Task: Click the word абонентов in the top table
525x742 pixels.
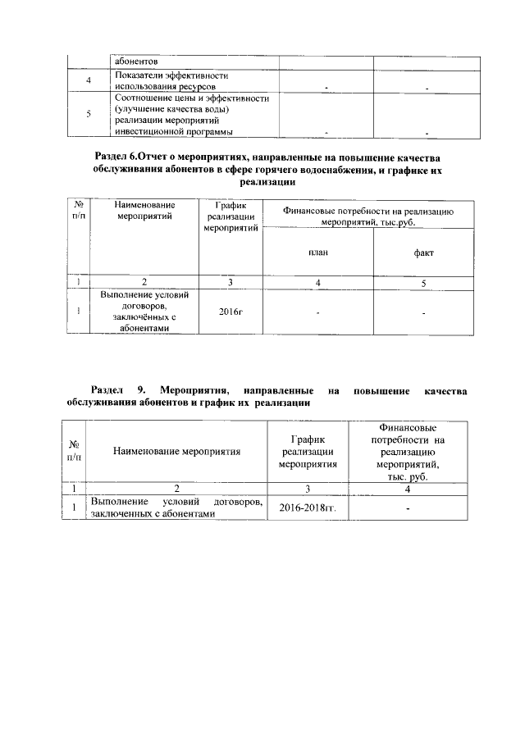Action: click(135, 61)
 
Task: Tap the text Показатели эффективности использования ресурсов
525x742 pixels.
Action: click(167, 80)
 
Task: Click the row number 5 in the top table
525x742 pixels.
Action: click(89, 115)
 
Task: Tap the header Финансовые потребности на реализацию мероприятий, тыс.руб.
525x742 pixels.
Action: click(367, 216)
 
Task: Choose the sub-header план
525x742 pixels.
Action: click(318, 253)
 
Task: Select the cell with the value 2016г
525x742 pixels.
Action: click(231, 312)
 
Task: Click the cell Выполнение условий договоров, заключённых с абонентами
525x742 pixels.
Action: click(144, 312)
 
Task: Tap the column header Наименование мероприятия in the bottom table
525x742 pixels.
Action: click(176, 452)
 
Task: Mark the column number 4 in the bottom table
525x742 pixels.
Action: click(407, 489)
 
